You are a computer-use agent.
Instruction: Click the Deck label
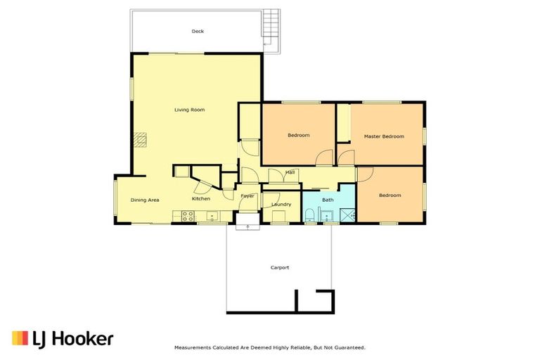(198, 31)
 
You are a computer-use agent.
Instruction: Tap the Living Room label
(189, 110)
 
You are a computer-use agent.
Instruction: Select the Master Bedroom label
(383, 136)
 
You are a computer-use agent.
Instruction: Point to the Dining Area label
(145, 200)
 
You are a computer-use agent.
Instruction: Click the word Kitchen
(201, 198)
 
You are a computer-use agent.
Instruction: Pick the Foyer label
(247, 196)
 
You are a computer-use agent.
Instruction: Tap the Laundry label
(281, 205)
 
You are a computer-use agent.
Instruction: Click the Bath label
(328, 200)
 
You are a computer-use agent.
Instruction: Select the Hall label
(290, 172)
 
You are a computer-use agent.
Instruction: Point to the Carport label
(280, 267)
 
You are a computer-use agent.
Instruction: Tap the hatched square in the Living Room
(143, 140)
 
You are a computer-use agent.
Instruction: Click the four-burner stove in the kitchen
(188, 216)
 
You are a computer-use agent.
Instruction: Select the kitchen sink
(211, 216)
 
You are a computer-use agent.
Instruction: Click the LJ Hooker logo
(63, 338)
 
